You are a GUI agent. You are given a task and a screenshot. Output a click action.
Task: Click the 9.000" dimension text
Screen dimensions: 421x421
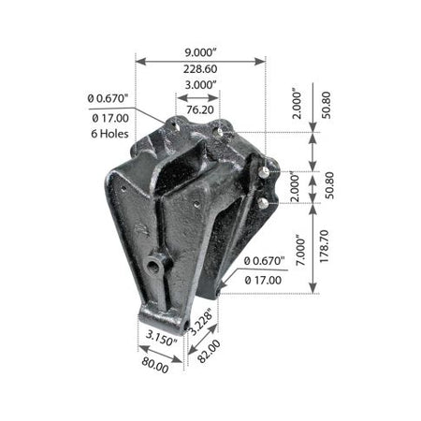(x=200, y=52)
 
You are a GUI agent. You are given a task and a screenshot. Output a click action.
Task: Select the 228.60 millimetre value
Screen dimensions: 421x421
(x=200, y=69)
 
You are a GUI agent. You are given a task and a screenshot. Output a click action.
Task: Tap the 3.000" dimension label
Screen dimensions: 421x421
(x=200, y=84)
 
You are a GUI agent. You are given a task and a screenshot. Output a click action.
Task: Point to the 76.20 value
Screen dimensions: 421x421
(x=200, y=109)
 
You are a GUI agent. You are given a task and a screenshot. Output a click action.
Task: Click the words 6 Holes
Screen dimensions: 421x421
(x=109, y=134)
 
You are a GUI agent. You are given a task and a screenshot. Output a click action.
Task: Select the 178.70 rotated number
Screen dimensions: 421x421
(x=325, y=246)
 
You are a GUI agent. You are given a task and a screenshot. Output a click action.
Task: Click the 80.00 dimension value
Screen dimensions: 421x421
(x=155, y=365)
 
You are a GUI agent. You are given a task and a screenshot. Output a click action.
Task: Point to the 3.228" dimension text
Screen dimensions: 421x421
(x=201, y=322)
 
